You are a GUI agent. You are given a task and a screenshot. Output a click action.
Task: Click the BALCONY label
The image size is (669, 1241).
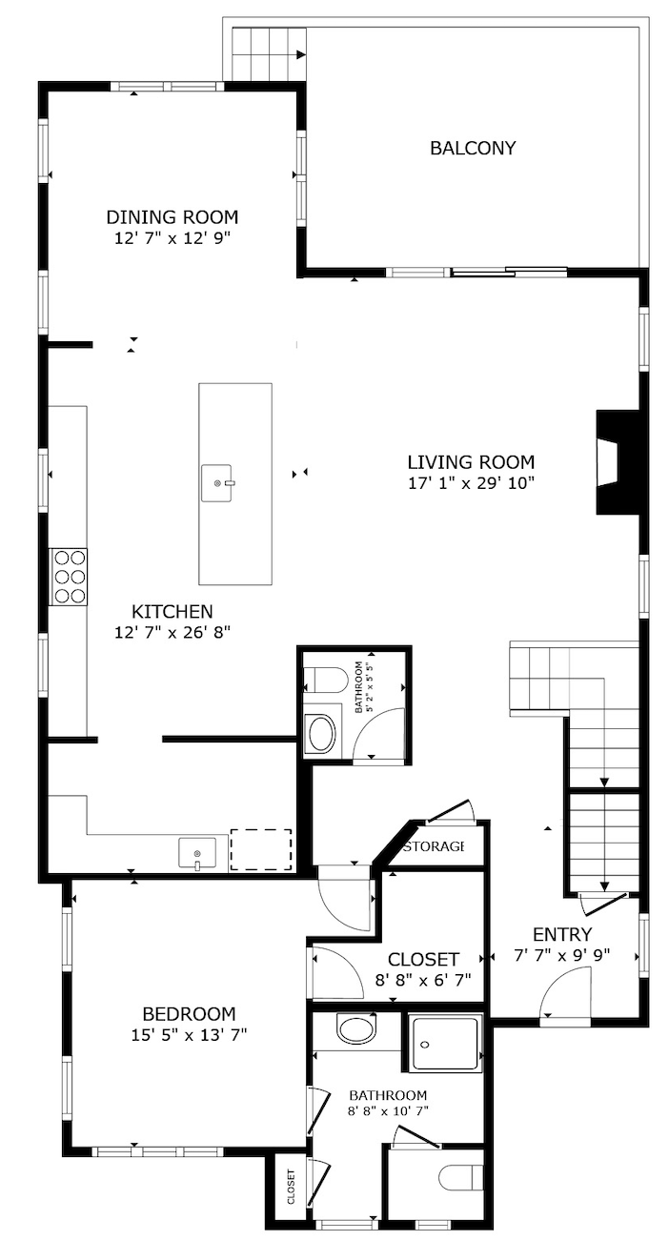click(x=473, y=148)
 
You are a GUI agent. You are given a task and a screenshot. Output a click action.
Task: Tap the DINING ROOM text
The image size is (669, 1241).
click(x=172, y=216)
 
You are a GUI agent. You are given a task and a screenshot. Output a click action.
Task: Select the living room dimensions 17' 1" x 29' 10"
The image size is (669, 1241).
click(x=472, y=483)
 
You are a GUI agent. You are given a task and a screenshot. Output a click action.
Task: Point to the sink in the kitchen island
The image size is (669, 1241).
click(x=217, y=483)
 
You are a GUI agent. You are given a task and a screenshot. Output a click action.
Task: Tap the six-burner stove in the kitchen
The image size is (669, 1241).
click(x=68, y=576)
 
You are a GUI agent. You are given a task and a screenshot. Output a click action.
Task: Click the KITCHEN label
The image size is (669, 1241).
click(x=172, y=612)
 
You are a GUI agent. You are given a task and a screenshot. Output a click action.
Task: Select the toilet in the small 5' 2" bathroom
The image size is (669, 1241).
click(x=326, y=680)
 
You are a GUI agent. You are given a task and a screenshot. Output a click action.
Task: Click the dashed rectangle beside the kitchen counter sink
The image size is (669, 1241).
click(x=261, y=849)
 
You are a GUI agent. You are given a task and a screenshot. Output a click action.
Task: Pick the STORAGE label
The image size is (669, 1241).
click(x=434, y=846)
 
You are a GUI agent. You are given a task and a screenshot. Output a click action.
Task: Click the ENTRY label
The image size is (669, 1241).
click(x=562, y=935)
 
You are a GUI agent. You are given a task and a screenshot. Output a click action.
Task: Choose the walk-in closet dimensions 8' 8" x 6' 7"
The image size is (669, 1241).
click(x=423, y=980)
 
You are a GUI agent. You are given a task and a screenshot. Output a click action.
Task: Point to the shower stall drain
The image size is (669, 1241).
click(x=425, y=1045)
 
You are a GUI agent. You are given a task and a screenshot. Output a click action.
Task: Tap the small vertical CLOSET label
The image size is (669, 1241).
click(x=291, y=1187)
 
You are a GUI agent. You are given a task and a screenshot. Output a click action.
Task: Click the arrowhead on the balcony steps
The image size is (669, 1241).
click(x=301, y=54)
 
